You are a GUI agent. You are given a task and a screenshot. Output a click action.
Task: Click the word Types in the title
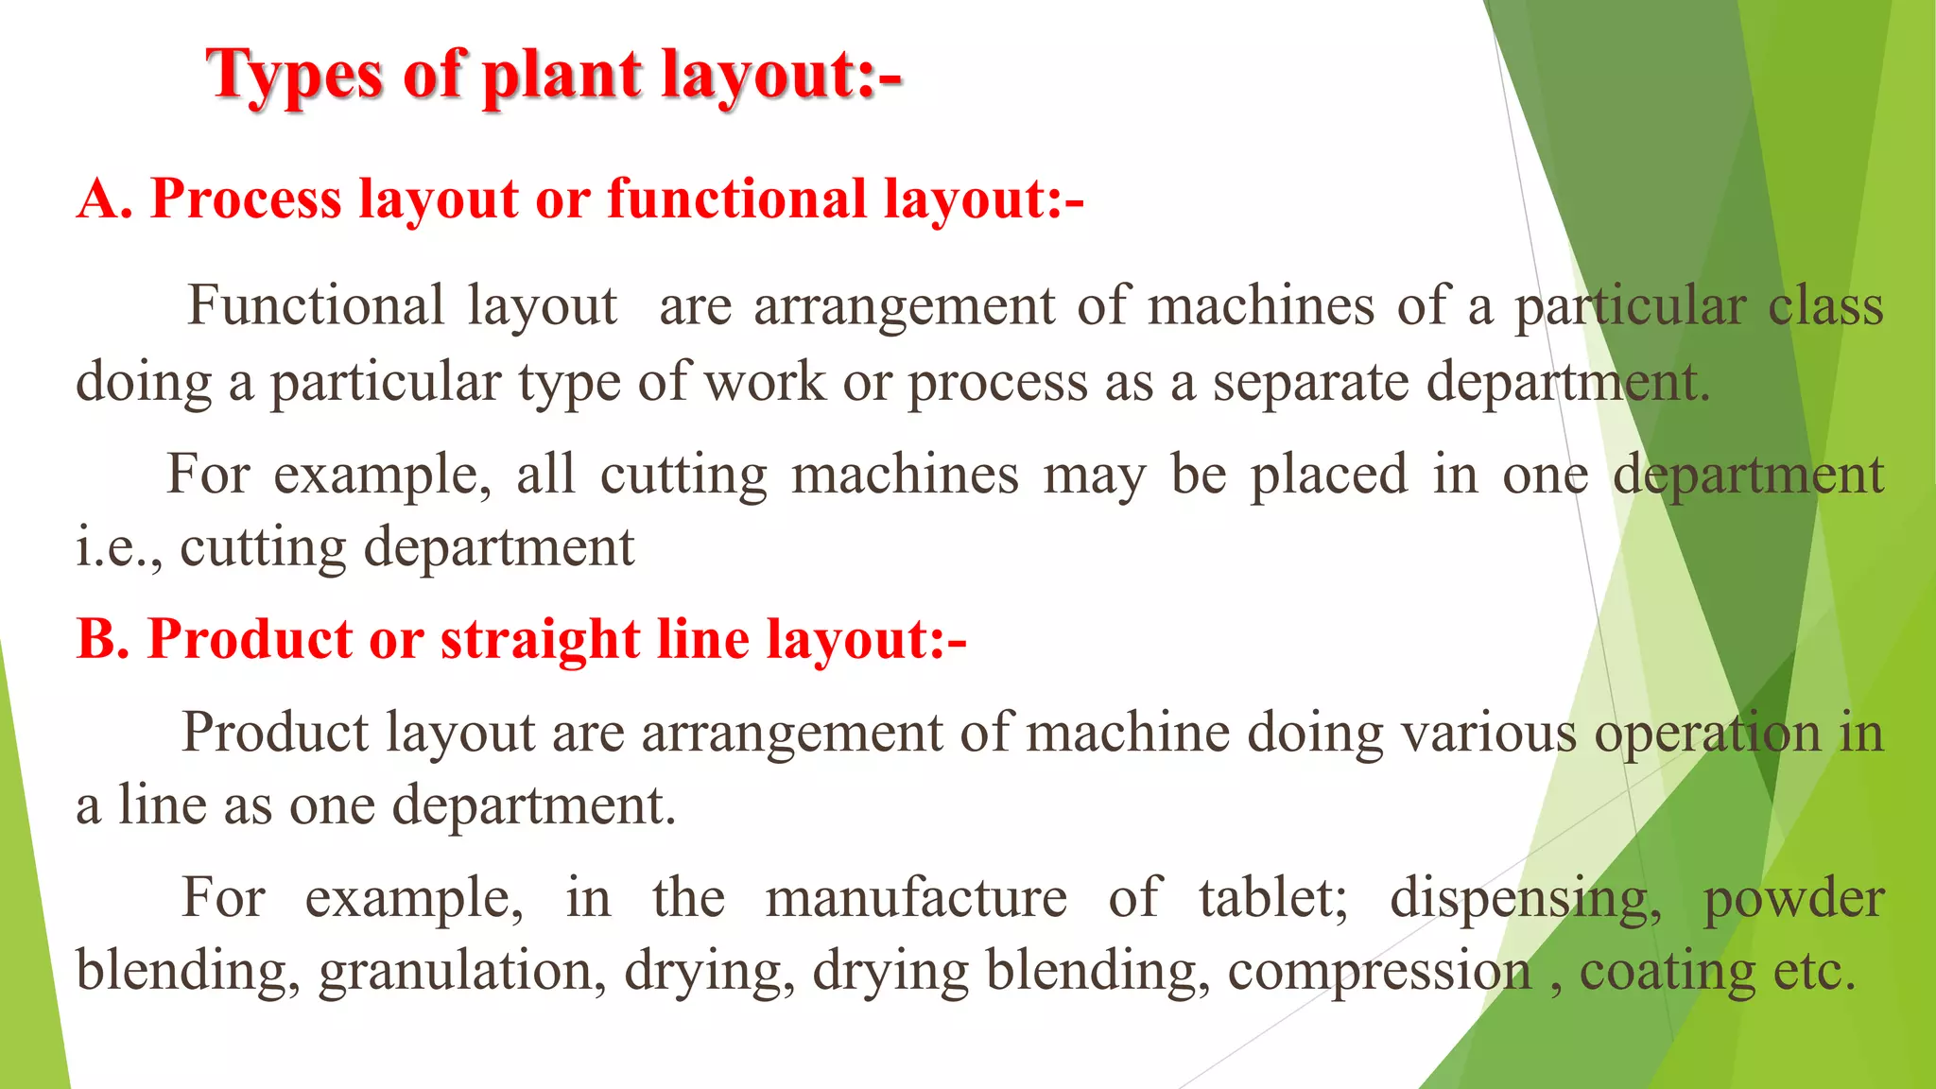[x=295, y=76]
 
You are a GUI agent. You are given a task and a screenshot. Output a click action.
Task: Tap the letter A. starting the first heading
[x=104, y=199]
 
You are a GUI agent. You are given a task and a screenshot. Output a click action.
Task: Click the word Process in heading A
[x=246, y=199]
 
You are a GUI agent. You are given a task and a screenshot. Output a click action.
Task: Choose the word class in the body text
[x=1825, y=306]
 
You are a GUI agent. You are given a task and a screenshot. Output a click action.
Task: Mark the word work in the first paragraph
[x=765, y=382]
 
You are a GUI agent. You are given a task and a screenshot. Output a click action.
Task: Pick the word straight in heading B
[x=541, y=639]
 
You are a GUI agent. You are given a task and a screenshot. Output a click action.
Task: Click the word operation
[x=1707, y=733]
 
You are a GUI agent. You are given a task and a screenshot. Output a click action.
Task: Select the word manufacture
[x=916, y=898]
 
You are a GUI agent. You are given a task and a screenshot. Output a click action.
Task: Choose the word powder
[x=1793, y=898]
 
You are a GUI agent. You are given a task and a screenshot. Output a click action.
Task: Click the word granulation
[x=462, y=971]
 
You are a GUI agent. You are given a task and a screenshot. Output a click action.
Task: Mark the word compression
[x=1379, y=971]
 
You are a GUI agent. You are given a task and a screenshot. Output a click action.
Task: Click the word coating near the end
[x=1668, y=971]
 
